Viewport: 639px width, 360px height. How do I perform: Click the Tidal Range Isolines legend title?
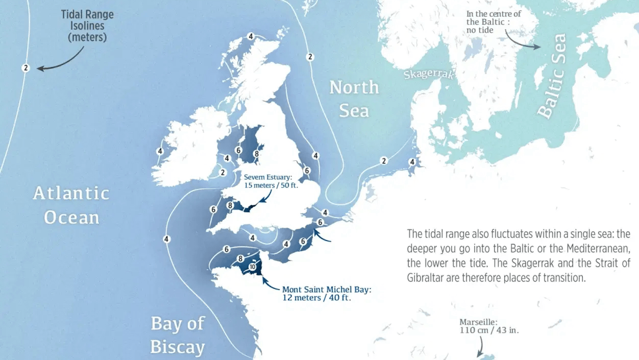pos(87,26)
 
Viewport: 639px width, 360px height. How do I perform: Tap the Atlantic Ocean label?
pos(71,205)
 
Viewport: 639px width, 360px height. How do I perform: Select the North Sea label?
pos(354,99)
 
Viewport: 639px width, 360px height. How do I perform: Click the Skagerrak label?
pos(428,74)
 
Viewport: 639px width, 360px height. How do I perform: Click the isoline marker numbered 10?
pos(252,267)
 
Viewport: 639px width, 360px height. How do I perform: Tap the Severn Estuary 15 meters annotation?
pos(270,181)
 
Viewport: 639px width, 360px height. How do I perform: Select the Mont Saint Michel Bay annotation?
pos(326,293)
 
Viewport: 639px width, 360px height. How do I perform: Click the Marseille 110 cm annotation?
pos(488,326)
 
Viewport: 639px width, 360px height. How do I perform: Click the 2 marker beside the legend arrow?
pos(26,68)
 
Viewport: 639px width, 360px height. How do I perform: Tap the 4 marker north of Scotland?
pos(251,36)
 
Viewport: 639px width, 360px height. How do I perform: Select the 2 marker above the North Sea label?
pos(310,57)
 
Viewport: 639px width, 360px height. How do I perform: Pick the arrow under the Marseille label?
pos(480,347)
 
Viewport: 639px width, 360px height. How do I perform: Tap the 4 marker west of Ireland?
pos(160,151)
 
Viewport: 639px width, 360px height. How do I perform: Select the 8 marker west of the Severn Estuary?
pos(230,205)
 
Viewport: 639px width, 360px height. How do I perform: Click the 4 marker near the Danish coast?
pos(412,162)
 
